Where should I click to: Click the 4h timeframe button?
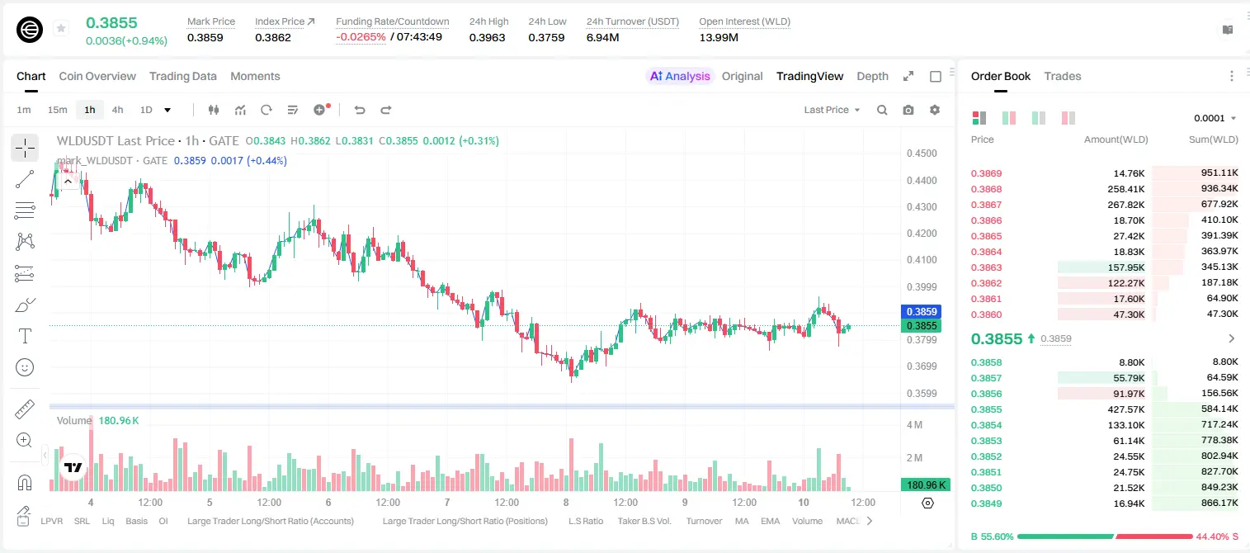tap(117, 110)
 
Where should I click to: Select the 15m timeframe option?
tap(57, 110)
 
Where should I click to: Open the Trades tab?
tap(1063, 76)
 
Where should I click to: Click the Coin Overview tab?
tap(97, 76)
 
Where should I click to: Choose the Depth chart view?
tap(872, 76)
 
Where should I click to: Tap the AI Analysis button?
tap(680, 76)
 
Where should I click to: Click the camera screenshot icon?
tap(908, 110)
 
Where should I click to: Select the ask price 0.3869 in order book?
tap(986, 173)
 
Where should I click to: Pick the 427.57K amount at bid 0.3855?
tap(1125, 409)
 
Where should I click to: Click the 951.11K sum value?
tap(1219, 173)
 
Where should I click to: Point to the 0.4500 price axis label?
tap(922, 154)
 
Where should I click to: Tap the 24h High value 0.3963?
tap(487, 37)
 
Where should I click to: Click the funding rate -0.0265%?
tap(361, 37)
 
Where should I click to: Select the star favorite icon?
tap(61, 28)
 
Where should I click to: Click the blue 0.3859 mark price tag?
tap(922, 311)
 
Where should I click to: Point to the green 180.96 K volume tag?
tap(926, 485)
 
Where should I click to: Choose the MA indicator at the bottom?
tap(742, 521)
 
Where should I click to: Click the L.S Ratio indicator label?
tap(585, 521)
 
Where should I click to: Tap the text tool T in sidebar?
tap(25, 336)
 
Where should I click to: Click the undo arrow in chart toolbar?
tap(360, 110)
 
